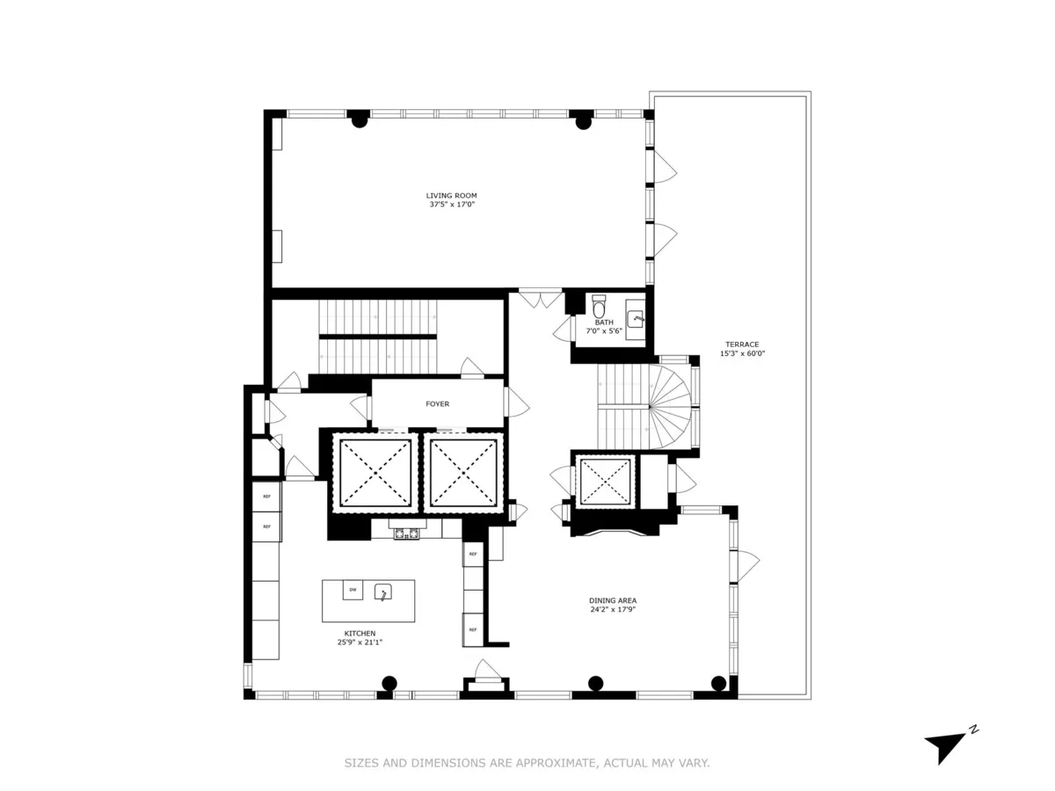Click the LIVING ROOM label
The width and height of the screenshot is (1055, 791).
point(451,195)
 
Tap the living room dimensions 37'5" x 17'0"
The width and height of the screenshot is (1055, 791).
point(451,205)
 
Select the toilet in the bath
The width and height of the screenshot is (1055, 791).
point(600,308)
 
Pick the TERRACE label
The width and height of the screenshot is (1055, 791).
point(741,345)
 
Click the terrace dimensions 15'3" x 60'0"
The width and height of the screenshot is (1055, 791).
point(741,354)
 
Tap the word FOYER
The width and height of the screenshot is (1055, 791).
point(437,404)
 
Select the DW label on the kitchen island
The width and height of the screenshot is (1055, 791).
point(353,590)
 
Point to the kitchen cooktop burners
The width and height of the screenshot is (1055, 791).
point(407,532)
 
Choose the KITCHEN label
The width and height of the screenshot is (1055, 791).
point(360,633)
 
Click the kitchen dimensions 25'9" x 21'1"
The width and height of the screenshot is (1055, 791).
point(360,642)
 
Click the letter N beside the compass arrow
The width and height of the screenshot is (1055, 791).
point(973,729)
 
